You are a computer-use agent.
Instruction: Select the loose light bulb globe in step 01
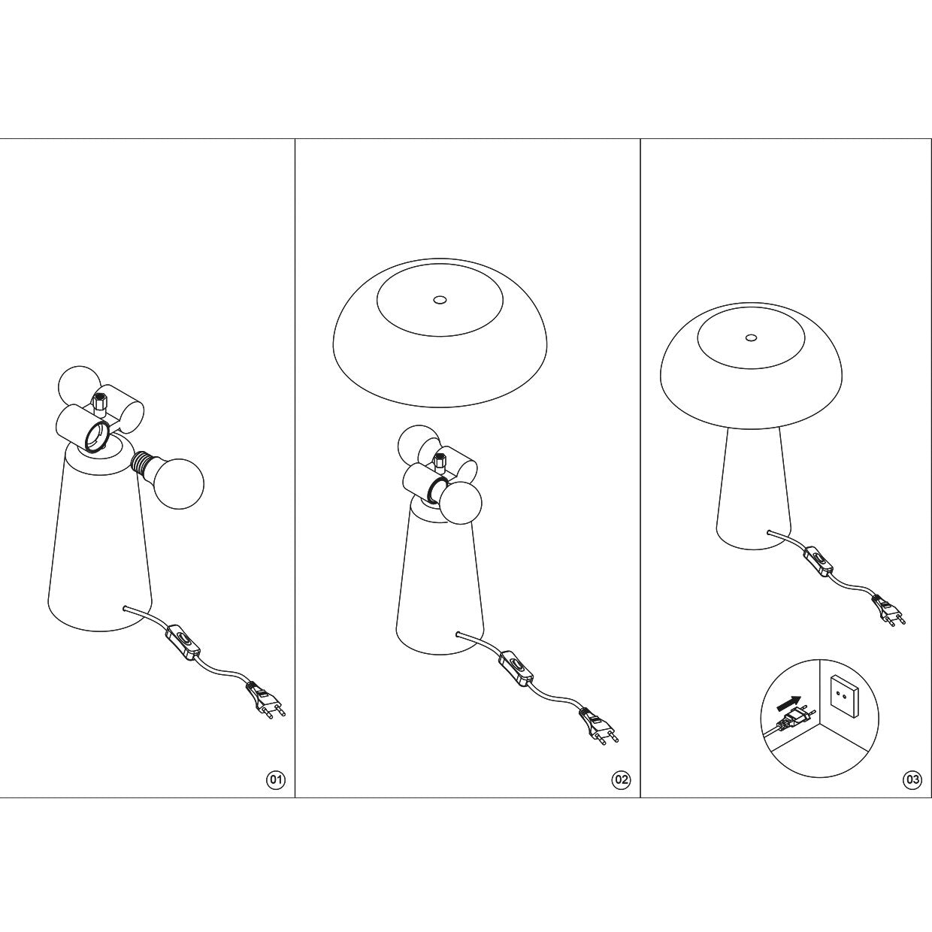click(x=177, y=483)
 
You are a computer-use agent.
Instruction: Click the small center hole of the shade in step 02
click(x=439, y=301)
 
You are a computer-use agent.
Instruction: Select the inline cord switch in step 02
click(x=516, y=668)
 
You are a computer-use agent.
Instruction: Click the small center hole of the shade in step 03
click(x=751, y=337)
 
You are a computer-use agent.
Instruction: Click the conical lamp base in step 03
click(x=751, y=488)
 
